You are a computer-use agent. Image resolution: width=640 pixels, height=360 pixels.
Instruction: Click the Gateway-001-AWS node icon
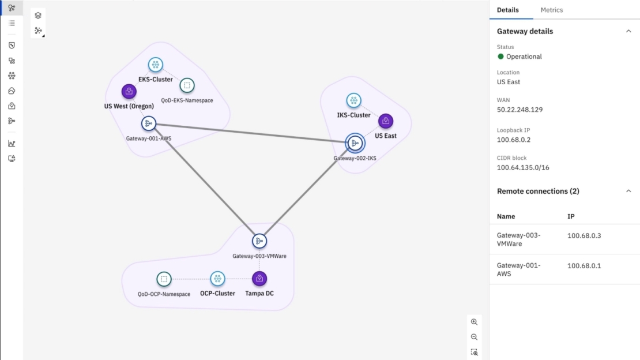pyautogui.click(x=149, y=123)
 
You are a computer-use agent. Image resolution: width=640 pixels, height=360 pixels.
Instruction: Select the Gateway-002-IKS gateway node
pyautogui.click(x=355, y=143)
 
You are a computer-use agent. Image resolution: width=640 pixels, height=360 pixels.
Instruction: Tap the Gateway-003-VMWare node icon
pyautogui.click(x=259, y=241)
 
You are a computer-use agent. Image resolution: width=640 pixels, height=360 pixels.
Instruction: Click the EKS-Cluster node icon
pyautogui.click(x=155, y=65)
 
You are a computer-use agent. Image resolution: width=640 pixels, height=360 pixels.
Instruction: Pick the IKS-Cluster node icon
pyautogui.click(x=354, y=100)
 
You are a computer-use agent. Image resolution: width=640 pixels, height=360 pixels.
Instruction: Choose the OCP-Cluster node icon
pyautogui.click(x=217, y=279)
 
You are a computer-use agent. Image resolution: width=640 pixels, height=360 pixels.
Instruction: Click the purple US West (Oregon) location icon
pyautogui.click(x=129, y=91)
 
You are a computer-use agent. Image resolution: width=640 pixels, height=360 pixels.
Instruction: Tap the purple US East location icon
pyautogui.click(x=386, y=121)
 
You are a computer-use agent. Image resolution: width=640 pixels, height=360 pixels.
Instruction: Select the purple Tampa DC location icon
pyautogui.click(x=259, y=279)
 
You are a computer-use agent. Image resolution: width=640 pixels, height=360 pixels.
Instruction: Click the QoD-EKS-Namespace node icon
pyautogui.click(x=186, y=86)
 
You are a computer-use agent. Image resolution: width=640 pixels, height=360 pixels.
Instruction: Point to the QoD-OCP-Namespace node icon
pyautogui.click(x=164, y=279)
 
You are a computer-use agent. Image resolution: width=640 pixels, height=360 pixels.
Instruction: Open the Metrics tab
pyautogui.click(x=551, y=10)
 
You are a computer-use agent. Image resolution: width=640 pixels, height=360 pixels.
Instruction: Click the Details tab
pyautogui.click(x=508, y=10)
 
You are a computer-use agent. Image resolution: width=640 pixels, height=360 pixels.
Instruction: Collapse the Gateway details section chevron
pyautogui.click(x=628, y=31)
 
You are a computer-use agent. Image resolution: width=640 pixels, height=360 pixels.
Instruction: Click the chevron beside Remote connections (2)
pyautogui.click(x=628, y=191)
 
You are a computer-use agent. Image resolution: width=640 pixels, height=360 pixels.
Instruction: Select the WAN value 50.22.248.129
pyautogui.click(x=519, y=110)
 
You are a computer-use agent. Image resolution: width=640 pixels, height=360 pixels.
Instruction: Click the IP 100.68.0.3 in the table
pyautogui.click(x=584, y=235)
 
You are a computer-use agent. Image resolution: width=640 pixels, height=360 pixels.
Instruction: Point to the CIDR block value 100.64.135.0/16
pyautogui.click(x=523, y=167)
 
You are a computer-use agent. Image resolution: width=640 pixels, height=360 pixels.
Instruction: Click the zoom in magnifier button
pyautogui.click(x=474, y=322)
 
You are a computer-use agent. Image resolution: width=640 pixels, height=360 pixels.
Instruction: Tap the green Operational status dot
pyautogui.click(x=500, y=57)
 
